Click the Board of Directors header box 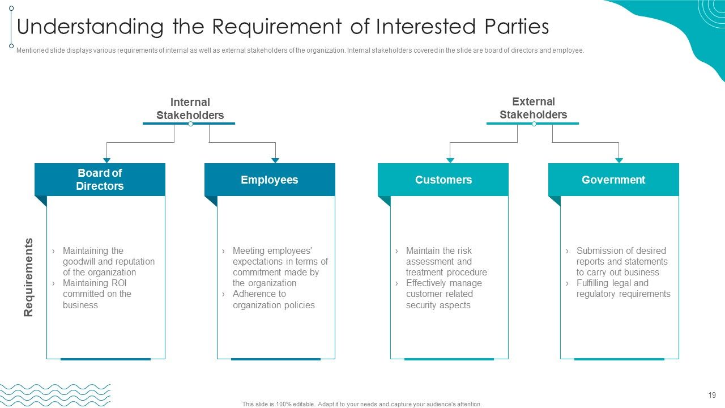(x=100, y=180)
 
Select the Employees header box (x=270, y=180)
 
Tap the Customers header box (x=443, y=180)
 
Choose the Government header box (x=613, y=180)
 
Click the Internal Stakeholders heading (x=190, y=108)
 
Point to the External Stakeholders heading (x=534, y=108)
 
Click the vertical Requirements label (x=28, y=277)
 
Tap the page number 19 (x=712, y=395)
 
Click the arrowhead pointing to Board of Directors (x=107, y=160)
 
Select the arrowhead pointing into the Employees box (x=275, y=160)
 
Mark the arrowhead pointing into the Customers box (x=450, y=160)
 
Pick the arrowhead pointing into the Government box (x=619, y=160)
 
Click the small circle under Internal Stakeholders (x=191, y=124)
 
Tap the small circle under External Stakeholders (x=534, y=124)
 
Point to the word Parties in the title (x=517, y=26)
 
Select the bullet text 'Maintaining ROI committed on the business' (x=97, y=294)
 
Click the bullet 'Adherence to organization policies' (x=274, y=299)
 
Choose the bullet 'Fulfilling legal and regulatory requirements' (x=624, y=288)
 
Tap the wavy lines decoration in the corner (x=55, y=396)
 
